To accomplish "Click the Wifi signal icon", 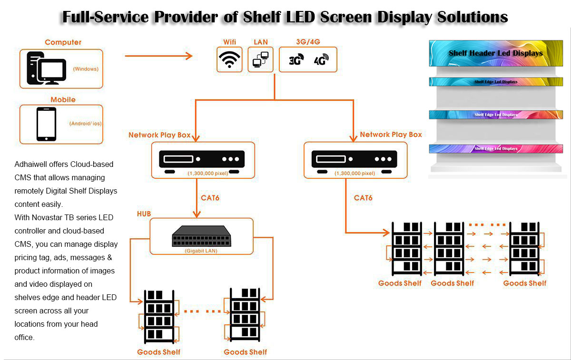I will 229,59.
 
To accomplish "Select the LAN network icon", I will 260,60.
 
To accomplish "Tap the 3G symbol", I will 296,60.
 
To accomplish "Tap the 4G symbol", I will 321,60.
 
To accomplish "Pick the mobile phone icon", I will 47,124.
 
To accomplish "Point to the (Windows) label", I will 86,69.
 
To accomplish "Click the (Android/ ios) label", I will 85,124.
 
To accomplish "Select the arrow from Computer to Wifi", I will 158,56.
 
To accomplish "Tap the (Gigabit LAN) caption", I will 201,251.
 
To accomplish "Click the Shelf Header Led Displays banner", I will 495,53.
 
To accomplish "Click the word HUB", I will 144,214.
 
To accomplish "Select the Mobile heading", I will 63,99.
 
